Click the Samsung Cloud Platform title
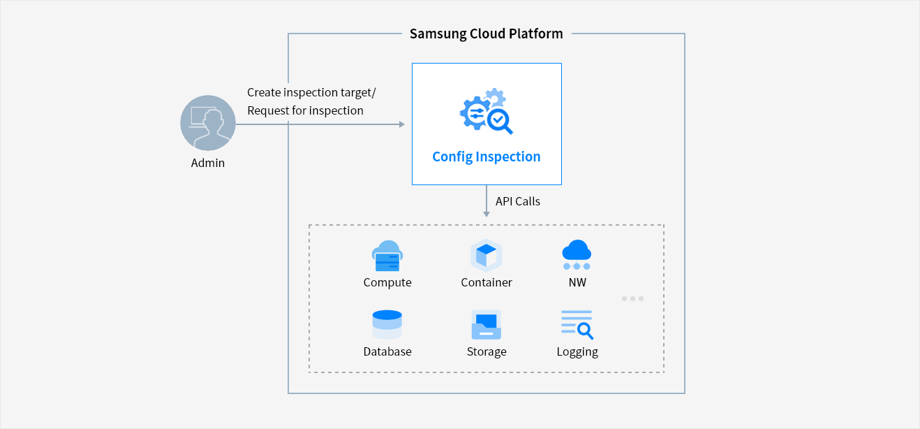point(486,34)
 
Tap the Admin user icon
point(208,123)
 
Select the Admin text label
point(208,163)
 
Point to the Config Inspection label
point(486,157)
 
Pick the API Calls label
point(518,201)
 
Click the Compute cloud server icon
point(387,256)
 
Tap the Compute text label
point(387,282)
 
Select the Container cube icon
point(487,256)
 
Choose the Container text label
point(487,282)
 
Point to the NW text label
point(577,282)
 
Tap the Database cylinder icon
point(387,325)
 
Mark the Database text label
point(387,351)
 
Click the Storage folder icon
point(487,325)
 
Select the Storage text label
point(487,351)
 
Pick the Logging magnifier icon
point(577,325)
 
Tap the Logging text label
point(577,351)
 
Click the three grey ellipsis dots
point(632,298)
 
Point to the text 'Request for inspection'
point(305,110)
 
